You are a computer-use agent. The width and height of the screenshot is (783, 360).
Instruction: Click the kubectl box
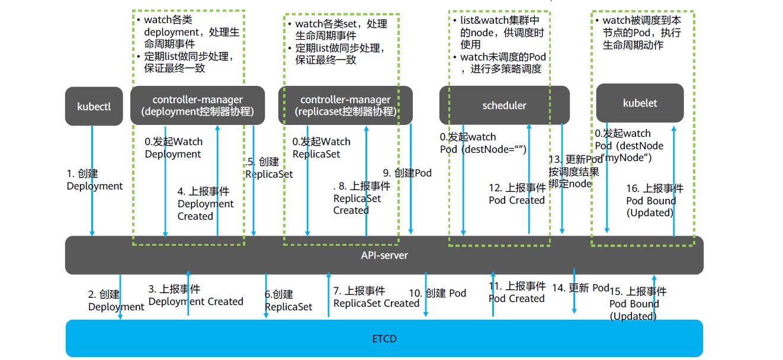94,107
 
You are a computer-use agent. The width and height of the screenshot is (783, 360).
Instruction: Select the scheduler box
504,106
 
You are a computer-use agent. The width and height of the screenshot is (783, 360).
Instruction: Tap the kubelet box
640,104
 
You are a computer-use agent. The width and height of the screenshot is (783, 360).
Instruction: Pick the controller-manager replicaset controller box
345,106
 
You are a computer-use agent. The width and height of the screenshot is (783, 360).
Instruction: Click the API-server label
384,256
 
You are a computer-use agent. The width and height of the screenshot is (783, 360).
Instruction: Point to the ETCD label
384,339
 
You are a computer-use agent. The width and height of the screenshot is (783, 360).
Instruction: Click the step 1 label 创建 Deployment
94,180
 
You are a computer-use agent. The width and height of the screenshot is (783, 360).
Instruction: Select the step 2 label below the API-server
116,300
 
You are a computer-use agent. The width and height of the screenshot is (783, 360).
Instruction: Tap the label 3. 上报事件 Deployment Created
195,295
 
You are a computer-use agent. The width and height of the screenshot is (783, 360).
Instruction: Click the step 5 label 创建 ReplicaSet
269,168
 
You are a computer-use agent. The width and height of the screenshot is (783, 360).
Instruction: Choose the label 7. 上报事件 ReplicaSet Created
376,297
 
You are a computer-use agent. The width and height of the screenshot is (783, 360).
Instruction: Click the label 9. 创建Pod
407,173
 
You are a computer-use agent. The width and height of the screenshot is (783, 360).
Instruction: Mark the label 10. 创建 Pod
437,293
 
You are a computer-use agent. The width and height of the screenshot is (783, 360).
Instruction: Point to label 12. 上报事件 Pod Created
516,194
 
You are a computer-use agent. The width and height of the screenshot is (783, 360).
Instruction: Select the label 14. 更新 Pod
580,288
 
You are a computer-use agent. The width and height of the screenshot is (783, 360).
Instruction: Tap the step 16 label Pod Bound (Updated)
654,201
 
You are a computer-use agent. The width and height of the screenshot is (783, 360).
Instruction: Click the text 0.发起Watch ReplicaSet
321,147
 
